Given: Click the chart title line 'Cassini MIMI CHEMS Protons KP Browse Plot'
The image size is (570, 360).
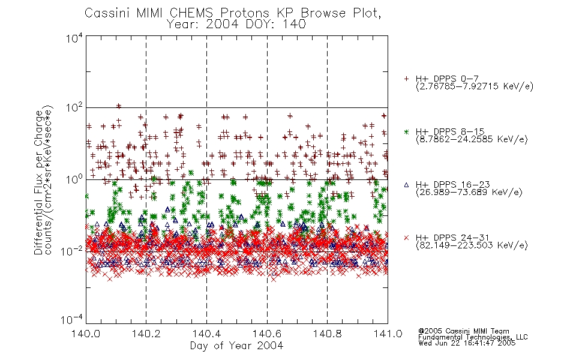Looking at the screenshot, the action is (x=233, y=13).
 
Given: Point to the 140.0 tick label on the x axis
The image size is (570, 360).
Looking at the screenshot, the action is (x=86, y=334).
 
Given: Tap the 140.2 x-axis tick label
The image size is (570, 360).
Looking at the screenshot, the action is (x=146, y=334).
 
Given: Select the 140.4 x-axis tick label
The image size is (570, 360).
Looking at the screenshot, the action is (x=206, y=334).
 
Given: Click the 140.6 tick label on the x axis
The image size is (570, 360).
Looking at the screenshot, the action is (x=267, y=334).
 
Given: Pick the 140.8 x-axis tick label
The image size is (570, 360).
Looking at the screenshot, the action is (x=327, y=334).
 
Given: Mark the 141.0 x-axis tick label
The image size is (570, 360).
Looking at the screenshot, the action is (x=388, y=334).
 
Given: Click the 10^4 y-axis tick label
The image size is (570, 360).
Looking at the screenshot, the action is (x=74, y=38).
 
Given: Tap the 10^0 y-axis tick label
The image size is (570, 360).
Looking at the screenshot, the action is (x=74, y=180).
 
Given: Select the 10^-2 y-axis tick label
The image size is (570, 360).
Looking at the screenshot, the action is (x=71, y=251).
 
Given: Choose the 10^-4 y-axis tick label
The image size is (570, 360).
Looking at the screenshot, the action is (x=71, y=319).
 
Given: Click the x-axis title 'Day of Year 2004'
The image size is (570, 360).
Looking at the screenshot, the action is (x=236, y=346).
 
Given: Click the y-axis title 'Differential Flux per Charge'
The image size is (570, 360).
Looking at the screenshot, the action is (x=38, y=182).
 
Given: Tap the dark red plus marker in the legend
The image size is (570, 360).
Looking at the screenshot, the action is (x=406, y=79).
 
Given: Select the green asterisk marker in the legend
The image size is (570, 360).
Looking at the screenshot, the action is (x=406, y=131).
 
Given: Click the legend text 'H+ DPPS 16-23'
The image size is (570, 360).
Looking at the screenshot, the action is (x=452, y=184).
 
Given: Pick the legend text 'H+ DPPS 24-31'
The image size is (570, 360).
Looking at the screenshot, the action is (x=452, y=238).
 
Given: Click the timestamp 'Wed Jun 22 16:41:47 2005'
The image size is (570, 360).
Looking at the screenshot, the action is (x=467, y=343).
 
